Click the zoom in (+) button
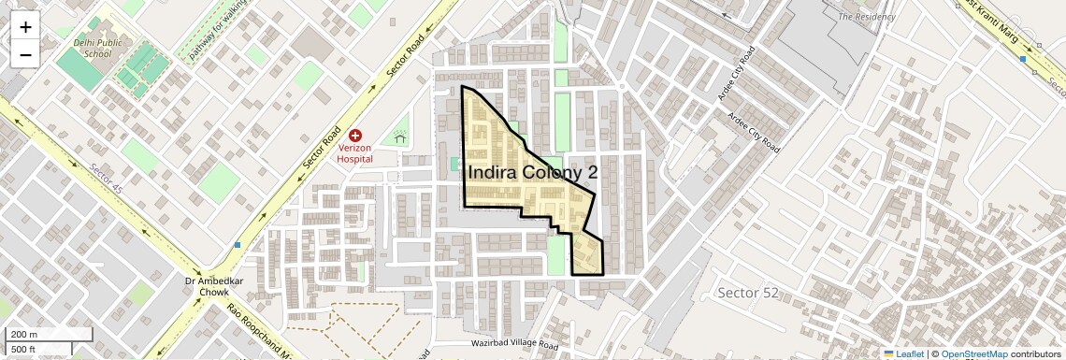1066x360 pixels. pos(25,28)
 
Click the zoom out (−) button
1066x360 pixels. pos(25,55)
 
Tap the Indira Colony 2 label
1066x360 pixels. pos(531,172)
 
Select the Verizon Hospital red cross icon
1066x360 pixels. pos(355,137)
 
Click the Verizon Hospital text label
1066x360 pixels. pos(355,153)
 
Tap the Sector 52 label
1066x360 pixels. pos(747,293)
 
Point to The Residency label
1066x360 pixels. pos(867,17)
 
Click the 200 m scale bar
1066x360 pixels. pos(49,335)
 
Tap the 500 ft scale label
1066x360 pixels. pos(24,350)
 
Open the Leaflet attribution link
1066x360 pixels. pos(904,353)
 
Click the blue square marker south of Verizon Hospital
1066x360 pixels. pos(238,245)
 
